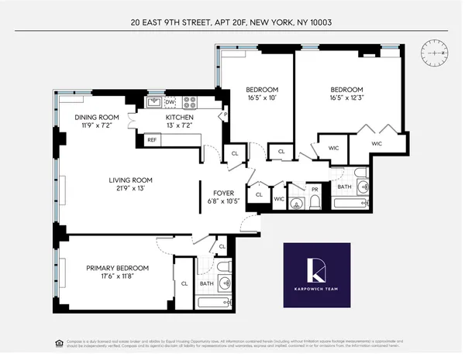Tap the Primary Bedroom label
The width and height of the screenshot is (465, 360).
(117, 268)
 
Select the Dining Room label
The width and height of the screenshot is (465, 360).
(96, 118)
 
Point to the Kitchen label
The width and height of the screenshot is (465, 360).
(178, 118)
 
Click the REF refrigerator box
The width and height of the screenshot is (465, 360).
(152, 140)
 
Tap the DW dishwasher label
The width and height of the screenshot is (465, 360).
(170, 101)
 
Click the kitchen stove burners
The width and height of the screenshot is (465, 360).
(190, 101)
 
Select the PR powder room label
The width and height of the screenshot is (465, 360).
(315, 189)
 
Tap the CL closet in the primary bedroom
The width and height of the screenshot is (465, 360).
(184, 283)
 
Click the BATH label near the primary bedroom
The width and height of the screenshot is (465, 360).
(206, 283)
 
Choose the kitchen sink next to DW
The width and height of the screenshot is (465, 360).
(153, 101)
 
